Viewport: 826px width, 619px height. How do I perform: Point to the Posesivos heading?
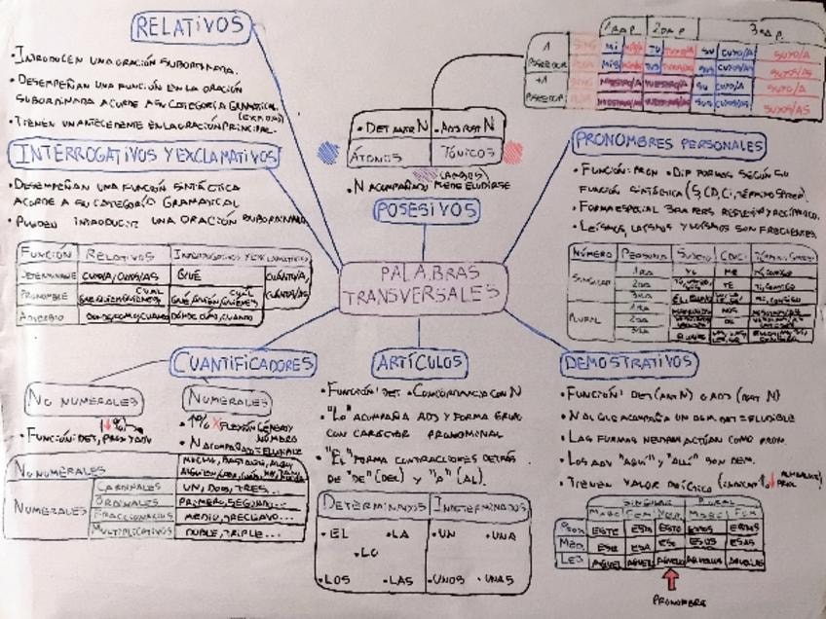(x=425, y=209)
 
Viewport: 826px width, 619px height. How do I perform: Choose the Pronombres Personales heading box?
(x=667, y=145)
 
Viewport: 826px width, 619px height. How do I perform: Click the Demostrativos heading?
(x=629, y=363)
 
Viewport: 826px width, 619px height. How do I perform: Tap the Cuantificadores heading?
(x=244, y=364)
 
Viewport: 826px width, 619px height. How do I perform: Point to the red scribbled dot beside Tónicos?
(x=512, y=153)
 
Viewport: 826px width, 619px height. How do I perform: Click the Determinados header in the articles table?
(x=373, y=506)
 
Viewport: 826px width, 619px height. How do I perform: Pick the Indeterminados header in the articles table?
(x=480, y=506)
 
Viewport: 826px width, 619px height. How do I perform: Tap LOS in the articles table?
(x=338, y=579)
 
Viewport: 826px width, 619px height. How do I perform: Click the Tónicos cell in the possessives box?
(x=464, y=153)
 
